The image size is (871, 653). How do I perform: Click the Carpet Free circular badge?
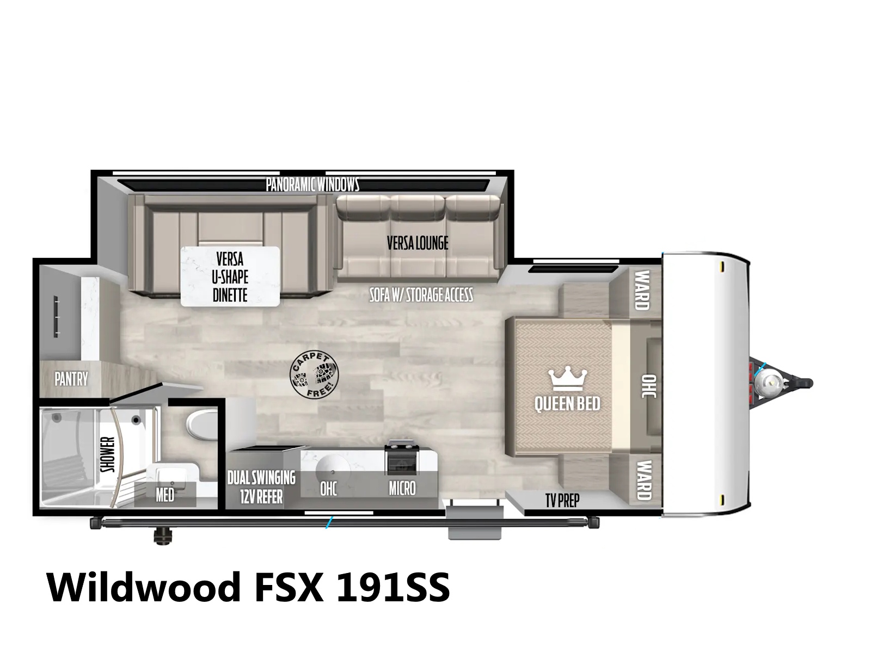coord(314,375)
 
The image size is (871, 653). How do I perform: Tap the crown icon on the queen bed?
coord(567,379)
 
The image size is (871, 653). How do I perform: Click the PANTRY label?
coord(71,379)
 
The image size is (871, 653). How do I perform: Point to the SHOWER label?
coord(108,454)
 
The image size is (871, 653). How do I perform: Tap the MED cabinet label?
coord(165,495)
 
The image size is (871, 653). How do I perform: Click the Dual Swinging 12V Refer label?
coord(261,486)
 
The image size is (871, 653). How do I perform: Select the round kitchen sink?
coord(333,471)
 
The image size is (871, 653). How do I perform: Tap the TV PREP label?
coord(562,501)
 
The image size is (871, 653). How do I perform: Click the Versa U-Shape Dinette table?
coord(230,276)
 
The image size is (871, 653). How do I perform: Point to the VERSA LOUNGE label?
coord(418,243)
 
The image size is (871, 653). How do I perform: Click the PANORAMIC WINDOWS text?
coord(312,184)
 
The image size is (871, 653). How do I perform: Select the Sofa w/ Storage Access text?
coord(421,295)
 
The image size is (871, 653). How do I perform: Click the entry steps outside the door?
coord(474,523)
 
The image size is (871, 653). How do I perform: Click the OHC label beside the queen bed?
coord(649,386)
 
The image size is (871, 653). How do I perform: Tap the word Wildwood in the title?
coord(144,588)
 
